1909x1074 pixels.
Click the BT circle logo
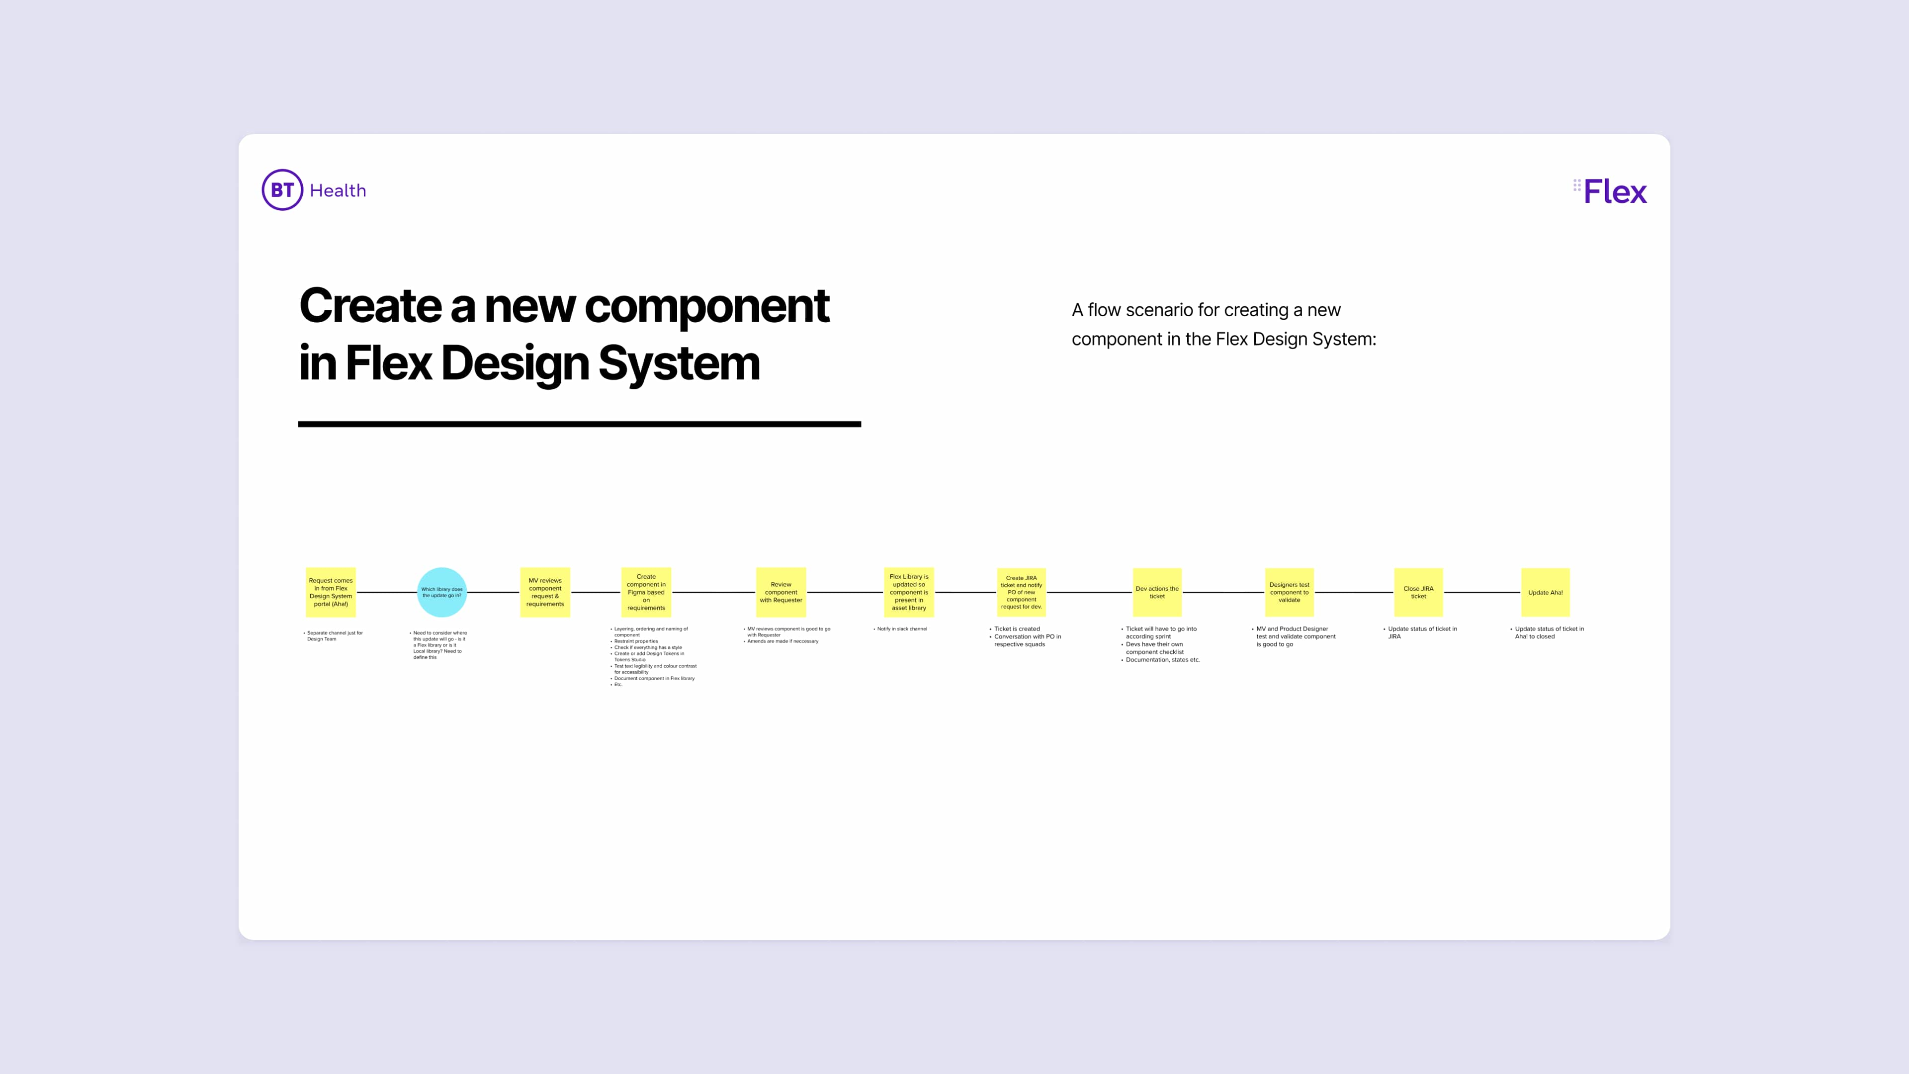(x=282, y=190)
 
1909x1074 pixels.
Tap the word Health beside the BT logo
(x=338, y=190)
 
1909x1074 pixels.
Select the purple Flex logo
(x=1610, y=191)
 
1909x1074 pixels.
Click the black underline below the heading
(x=580, y=424)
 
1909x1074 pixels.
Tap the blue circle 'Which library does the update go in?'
(x=441, y=592)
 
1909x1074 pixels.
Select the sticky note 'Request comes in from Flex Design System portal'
(x=331, y=592)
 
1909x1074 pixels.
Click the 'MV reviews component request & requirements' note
(x=545, y=592)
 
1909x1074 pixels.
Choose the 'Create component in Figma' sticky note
(x=646, y=592)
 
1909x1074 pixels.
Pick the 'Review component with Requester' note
(x=781, y=592)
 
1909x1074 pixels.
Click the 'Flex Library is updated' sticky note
(x=909, y=592)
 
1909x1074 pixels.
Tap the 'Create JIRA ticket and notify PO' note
(x=1021, y=592)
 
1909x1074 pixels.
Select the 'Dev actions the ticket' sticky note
(x=1157, y=592)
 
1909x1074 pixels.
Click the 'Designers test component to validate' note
(x=1289, y=592)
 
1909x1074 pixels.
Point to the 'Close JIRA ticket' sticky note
(x=1418, y=592)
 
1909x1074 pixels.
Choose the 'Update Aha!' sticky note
(x=1545, y=592)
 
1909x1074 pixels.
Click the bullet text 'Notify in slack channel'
(x=901, y=628)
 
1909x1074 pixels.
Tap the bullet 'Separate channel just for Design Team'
(x=334, y=636)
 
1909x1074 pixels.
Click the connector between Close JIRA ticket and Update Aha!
(x=1482, y=592)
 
